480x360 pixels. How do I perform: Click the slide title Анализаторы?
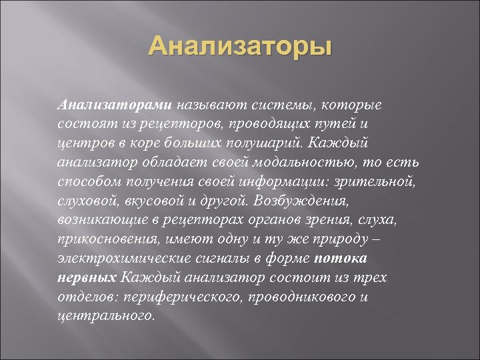point(239,48)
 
